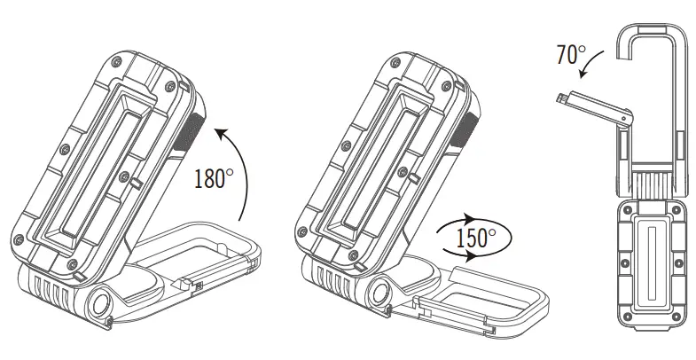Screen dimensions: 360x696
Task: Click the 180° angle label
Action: click(x=212, y=179)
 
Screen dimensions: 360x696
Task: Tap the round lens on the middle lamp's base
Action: click(x=385, y=293)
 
